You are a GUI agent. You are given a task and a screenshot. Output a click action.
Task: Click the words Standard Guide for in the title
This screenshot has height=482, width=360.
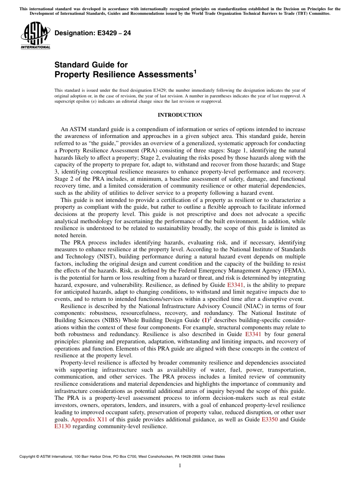pyautogui.click(x=91, y=65)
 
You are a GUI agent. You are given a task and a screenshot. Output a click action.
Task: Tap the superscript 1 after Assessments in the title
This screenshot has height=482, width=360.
pyautogui.click(x=195, y=72)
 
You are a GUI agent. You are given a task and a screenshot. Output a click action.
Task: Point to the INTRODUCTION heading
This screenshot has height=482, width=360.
pyautogui.click(x=180, y=115)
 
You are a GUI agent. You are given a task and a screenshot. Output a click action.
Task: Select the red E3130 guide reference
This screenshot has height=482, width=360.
pyautogui.click(x=63, y=426)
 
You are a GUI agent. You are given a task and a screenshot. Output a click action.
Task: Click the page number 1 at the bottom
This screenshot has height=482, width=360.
pyautogui.click(x=180, y=466)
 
